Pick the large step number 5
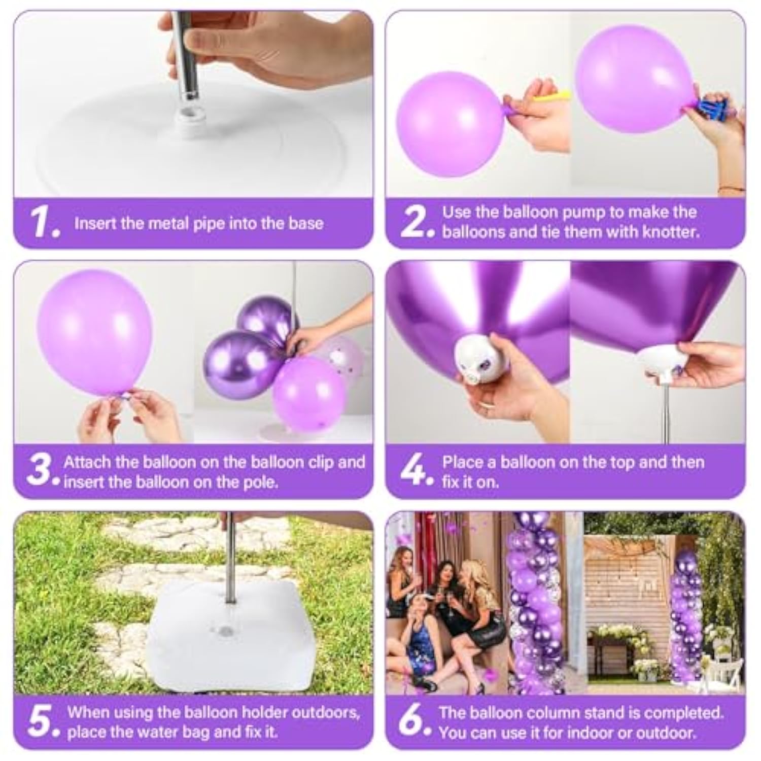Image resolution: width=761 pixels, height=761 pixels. (41, 721)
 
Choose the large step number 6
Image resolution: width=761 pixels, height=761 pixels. (412, 721)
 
